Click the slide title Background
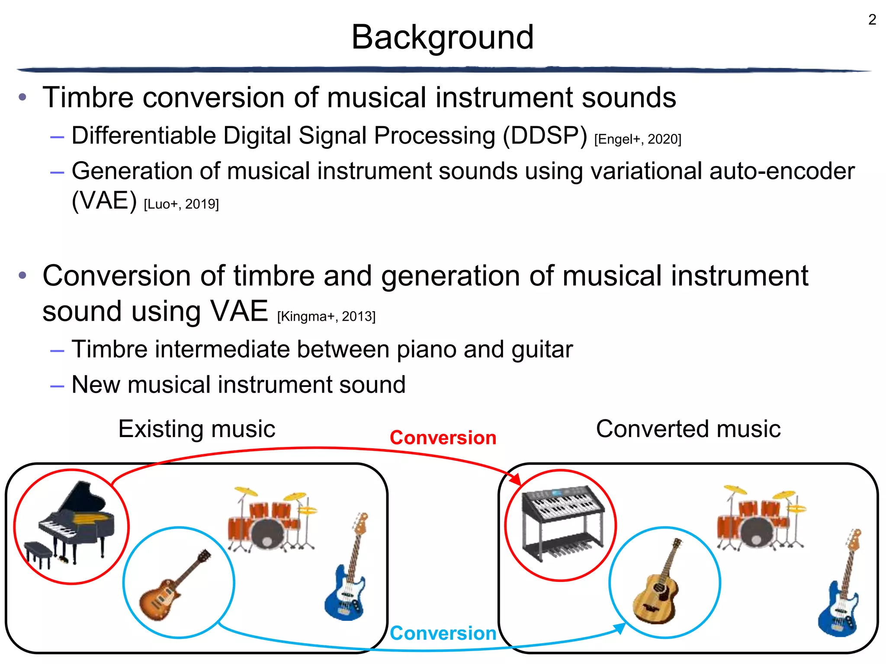coord(442,37)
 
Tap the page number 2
coord(872,20)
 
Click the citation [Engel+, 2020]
coord(637,139)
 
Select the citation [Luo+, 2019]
coord(181,204)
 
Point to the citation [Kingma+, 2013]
coord(326,316)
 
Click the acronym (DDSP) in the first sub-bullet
coord(545,135)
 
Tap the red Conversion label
coord(443,437)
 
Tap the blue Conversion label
coord(443,633)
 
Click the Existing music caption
coord(197,429)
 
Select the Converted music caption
coord(688,429)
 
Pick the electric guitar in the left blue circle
coord(173,586)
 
